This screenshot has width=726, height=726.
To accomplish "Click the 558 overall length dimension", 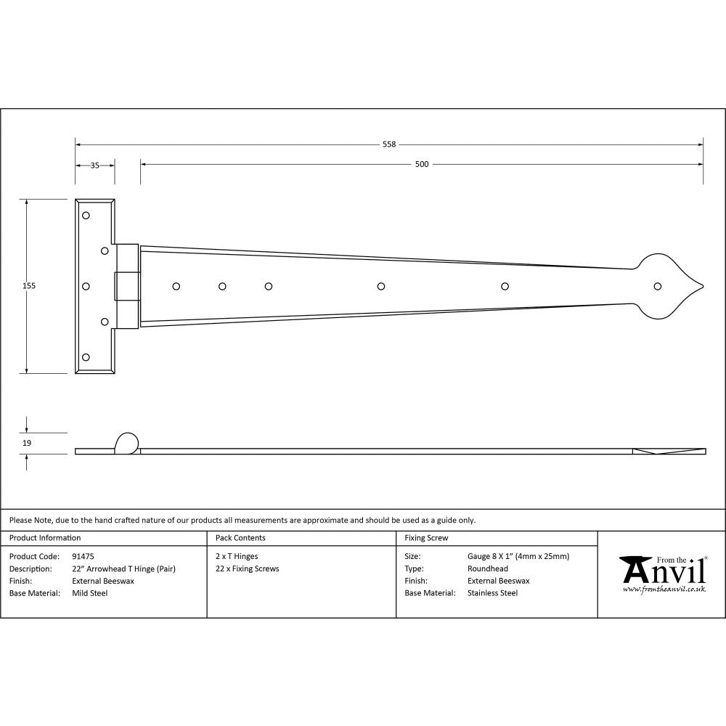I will click(x=389, y=144).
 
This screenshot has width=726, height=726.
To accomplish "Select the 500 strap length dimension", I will click(x=422, y=164).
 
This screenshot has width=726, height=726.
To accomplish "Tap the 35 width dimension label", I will click(x=94, y=165).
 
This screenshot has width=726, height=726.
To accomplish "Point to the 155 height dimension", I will click(x=28, y=286).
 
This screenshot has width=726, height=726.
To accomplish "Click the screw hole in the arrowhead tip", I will click(x=658, y=286).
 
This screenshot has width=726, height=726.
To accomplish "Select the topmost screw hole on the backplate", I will click(x=86, y=216).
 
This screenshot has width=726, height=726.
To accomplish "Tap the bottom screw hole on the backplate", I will click(x=86, y=357).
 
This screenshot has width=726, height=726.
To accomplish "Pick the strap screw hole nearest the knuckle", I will click(x=176, y=286).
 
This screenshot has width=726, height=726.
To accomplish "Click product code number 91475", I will click(x=83, y=556).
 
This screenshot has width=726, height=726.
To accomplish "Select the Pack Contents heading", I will click(x=240, y=538).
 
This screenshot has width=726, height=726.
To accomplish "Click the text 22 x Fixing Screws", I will click(x=247, y=568).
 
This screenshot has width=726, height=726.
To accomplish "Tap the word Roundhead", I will click(x=487, y=568).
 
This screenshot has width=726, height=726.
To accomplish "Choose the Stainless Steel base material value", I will click(x=492, y=593).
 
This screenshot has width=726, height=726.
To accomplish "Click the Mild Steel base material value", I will click(x=89, y=593).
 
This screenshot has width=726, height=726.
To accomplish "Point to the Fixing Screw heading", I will click(x=426, y=538).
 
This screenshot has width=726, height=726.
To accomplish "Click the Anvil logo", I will click(x=662, y=574).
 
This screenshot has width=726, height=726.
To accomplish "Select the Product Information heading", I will click(x=45, y=538).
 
